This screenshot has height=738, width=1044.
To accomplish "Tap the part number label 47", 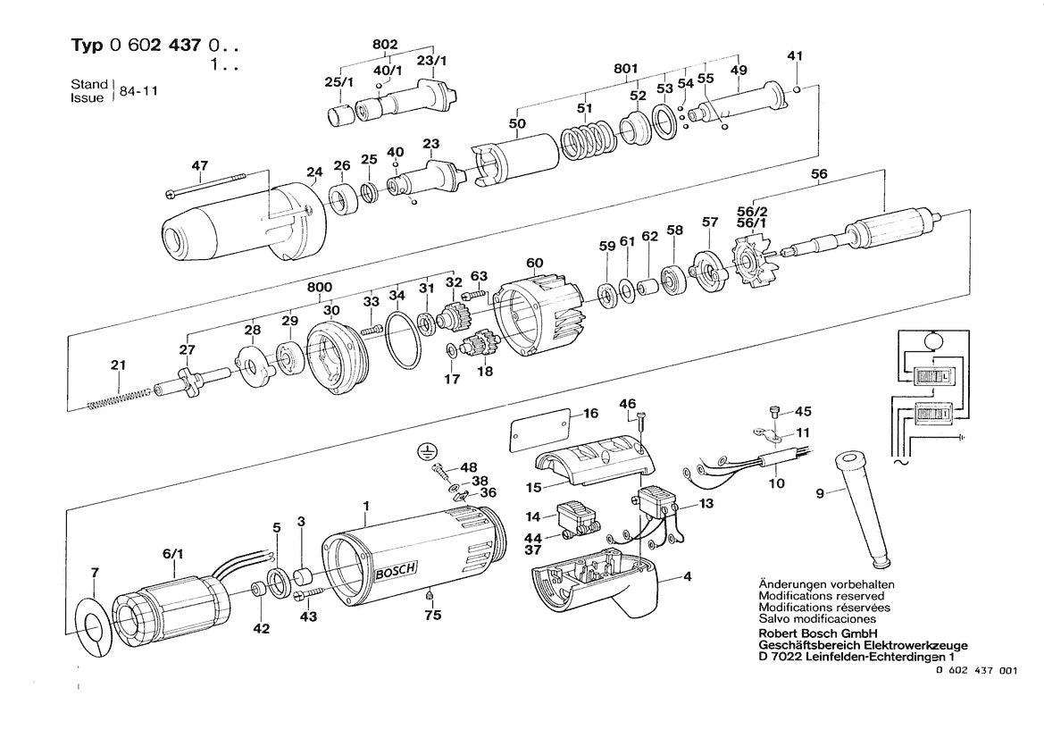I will pos(199,165).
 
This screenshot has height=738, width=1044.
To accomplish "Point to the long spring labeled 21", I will pos(121,397).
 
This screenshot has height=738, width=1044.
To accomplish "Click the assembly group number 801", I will pos(625,67).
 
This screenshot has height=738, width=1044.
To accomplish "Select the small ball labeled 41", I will pos(795,88).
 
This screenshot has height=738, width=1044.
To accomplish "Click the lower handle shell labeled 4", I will pos(616,590).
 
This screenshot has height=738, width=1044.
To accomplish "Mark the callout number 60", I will pos(534,262).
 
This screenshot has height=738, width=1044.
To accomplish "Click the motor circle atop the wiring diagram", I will pos(931,339).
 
